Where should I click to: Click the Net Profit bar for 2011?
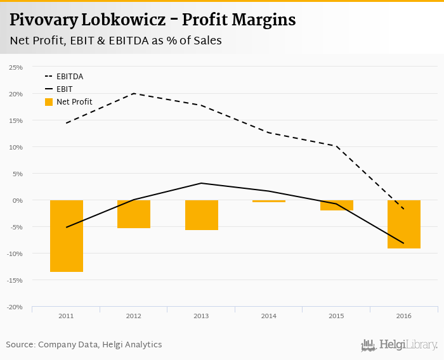coord(67,236)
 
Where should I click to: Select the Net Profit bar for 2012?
coord(134,214)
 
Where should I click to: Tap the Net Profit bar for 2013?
coord(202,215)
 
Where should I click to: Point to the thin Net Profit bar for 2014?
coord(269,201)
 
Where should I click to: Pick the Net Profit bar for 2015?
coord(336,205)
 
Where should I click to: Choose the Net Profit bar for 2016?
coord(404,224)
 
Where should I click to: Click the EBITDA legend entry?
coord(70,77)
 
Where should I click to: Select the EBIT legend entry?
coord(64,89)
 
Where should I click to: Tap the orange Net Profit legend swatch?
coord(49,102)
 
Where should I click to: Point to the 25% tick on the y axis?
coord(16,67)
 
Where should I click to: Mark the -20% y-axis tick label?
coord(15,307)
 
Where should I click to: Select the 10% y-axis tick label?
coord(16,147)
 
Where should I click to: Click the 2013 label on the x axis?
coord(202,316)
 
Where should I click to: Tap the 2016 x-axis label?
coord(404,316)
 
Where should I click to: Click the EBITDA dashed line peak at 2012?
coord(134,94)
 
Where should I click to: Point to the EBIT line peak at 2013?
coord(202,183)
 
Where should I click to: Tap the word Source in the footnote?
coord(20,345)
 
